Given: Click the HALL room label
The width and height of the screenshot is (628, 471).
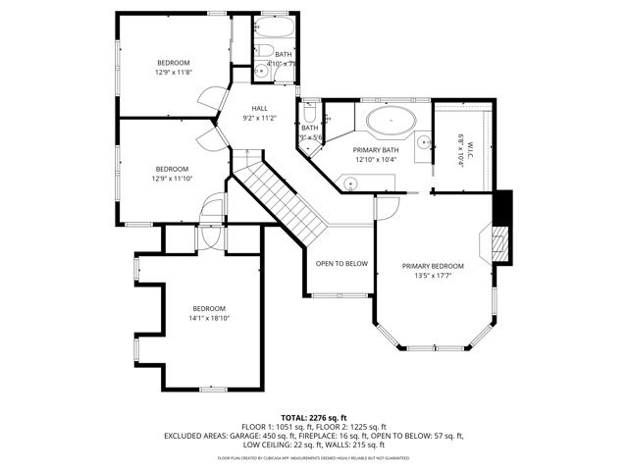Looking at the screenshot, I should [x=259, y=108].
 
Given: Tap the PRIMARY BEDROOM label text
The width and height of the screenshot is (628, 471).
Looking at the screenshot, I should [x=433, y=266].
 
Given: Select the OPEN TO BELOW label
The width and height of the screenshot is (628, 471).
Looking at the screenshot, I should [x=341, y=263].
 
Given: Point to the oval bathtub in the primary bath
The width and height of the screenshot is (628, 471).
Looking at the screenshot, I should [x=392, y=124].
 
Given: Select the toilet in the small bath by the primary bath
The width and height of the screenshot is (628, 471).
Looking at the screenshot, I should [x=309, y=112].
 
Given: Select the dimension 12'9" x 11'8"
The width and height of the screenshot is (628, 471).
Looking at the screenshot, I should [x=174, y=72].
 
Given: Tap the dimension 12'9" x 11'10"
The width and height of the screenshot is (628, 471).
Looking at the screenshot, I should [x=174, y=179].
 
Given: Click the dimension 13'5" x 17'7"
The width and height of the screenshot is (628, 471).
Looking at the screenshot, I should [x=433, y=276].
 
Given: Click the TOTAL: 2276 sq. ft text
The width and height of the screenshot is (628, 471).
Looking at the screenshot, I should [x=314, y=418].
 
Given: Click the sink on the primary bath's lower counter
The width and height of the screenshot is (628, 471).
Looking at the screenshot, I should [x=350, y=181].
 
